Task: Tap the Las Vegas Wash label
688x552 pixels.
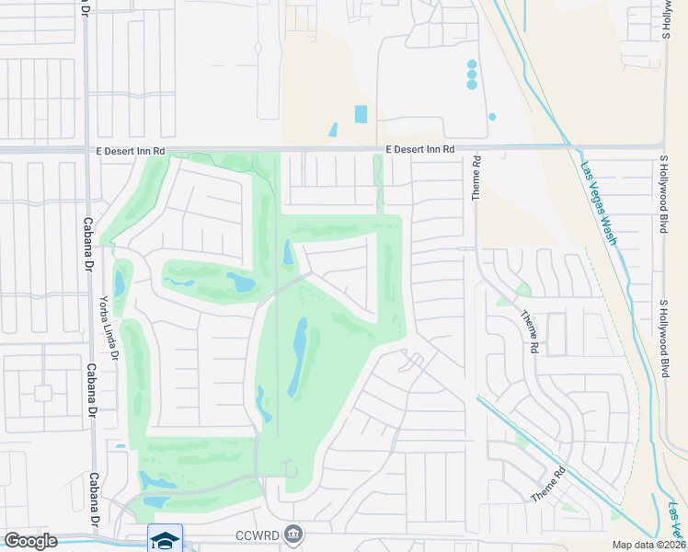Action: [x=598, y=204]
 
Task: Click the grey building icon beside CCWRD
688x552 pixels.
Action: [x=293, y=533]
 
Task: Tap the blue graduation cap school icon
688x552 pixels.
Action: [x=165, y=538]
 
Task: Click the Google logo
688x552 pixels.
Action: [x=29, y=541]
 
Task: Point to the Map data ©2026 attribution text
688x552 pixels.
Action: [x=648, y=545]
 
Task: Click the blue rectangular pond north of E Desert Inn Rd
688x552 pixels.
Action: [x=361, y=115]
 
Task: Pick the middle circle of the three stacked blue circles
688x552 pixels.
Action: [x=472, y=75]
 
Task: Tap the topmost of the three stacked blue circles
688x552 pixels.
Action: [x=472, y=64]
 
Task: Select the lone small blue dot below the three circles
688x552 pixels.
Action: [x=492, y=117]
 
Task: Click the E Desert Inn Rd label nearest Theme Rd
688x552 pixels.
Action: [x=419, y=149]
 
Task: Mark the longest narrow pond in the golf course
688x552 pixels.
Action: [x=299, y=358]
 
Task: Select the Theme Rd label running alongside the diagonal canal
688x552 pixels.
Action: [x=547, y=484]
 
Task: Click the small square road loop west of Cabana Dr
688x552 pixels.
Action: [x=42, y=393]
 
